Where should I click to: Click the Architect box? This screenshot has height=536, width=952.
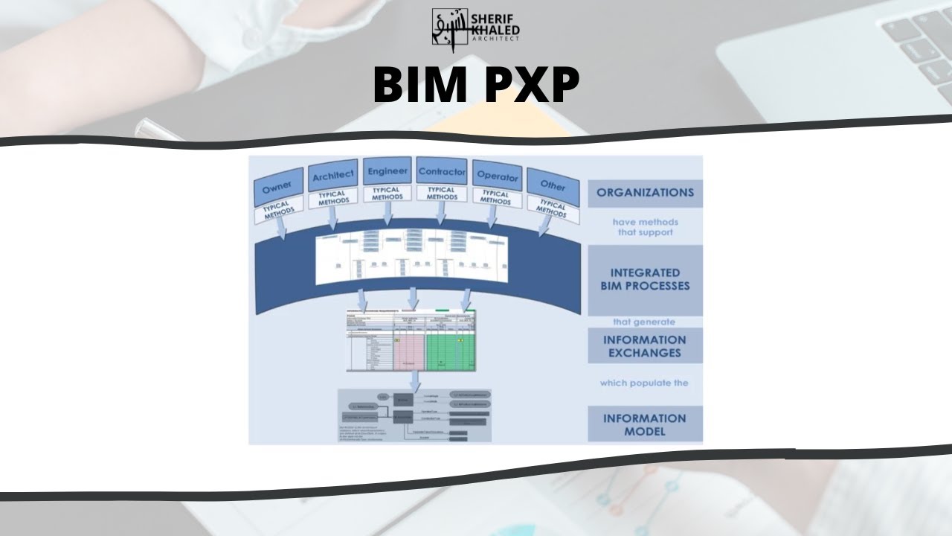point(332,176)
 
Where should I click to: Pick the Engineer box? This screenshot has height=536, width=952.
point(387,170)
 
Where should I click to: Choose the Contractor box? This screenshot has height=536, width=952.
point(442,171)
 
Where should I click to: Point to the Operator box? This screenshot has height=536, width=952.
point(496,176)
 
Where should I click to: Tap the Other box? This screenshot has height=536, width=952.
point(552,185)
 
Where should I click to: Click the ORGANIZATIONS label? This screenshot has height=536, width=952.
point(645,193)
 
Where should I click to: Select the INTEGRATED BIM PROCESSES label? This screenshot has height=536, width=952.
point(645,279)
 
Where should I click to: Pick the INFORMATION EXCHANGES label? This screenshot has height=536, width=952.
point(645,346)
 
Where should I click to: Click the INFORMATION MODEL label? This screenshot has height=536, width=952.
point(645,424)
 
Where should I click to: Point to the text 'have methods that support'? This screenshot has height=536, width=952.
point(645,226)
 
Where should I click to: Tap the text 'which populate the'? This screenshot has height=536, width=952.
point(645,383)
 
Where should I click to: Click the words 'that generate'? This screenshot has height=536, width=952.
point(645,322)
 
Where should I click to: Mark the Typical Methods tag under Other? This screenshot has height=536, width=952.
point(552,208)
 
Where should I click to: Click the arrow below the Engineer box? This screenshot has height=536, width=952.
point(387,215)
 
